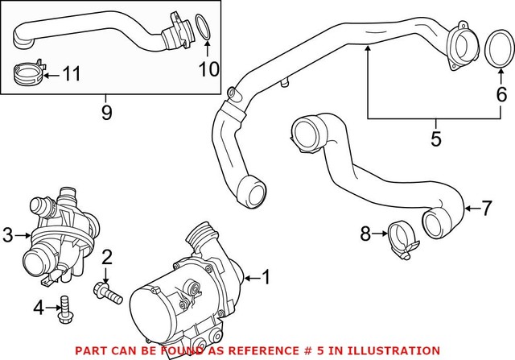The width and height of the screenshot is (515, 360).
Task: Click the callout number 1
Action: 267,279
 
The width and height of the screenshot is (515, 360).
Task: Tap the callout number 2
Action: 105,258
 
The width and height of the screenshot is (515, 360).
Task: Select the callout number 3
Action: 9,234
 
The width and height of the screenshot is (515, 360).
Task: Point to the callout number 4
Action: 38,307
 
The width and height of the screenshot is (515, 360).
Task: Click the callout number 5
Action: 435,139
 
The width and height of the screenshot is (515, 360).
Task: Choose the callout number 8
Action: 366,234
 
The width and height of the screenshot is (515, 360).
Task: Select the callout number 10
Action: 209,68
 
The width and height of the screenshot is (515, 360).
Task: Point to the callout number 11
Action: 72,76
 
